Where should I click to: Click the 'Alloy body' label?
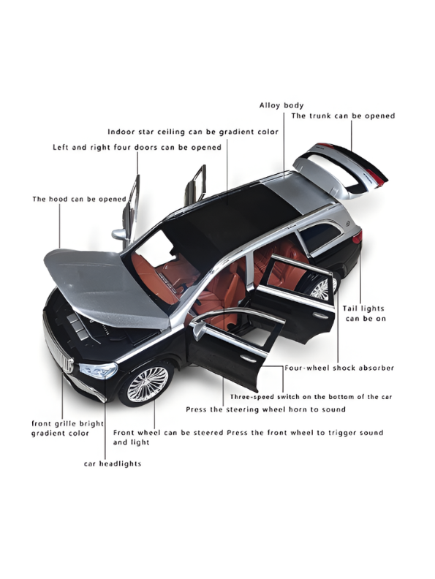pos(281,105)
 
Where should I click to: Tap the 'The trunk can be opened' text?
pos(343,116)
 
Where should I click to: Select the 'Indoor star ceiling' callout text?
pos(193,132)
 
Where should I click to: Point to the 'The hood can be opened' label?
pos(80,200)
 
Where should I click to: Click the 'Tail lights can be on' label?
pos(364,314)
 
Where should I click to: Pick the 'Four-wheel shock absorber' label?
pos(339,368)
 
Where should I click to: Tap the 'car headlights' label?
pos(113,463)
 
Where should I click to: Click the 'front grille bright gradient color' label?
pos(67,428)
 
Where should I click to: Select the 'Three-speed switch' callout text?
pos(311,397)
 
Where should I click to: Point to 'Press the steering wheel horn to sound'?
pos(265,409)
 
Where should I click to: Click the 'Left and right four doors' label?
pos(137,148)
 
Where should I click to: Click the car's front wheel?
pos(148,385)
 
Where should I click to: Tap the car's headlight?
pos(99,370)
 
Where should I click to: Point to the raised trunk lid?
pos(341,170)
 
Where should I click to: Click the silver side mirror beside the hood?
pos(119,234)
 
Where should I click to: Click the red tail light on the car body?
pos(357,236)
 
